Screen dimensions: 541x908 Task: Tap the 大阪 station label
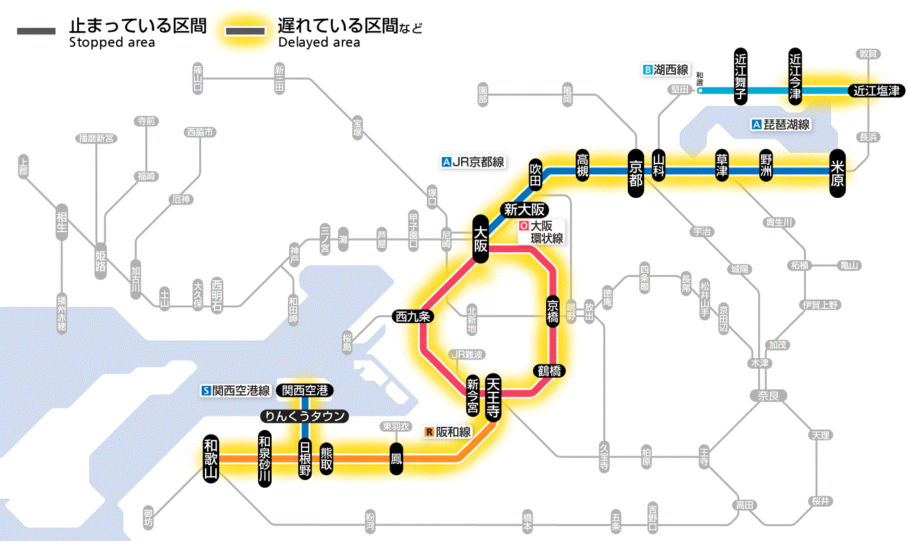coord(480,238)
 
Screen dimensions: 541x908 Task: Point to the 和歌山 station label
coord(211,458)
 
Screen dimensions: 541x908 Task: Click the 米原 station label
coord(837,172)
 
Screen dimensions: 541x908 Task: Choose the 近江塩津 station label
coord(876,91)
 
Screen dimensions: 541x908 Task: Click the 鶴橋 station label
coord(549,371)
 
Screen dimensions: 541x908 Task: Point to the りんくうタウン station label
coord(304,416)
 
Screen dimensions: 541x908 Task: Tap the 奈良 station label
coord(767,395)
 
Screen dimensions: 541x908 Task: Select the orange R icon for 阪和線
coord(429,431)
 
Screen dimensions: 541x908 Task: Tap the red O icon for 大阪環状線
coord(523,226)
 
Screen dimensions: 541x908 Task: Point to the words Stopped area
coord(112,43)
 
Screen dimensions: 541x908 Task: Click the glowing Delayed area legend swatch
coord(246,32)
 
